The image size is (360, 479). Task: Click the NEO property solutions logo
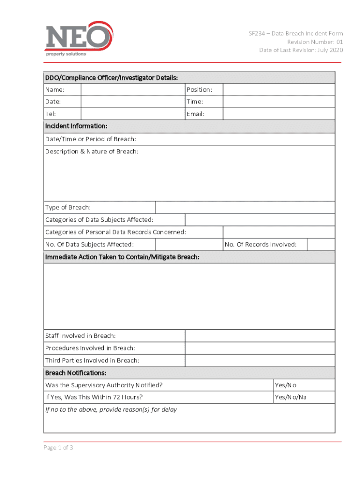[x=79, y=38]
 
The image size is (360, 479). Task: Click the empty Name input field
[x=133, y=89]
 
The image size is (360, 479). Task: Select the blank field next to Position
[x=279, y=89]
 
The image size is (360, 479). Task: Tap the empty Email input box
[x=279, y=114]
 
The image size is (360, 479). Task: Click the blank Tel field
[x=133, y=114]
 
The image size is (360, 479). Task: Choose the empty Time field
[x=279, y=102]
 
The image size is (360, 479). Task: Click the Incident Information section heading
[x=76, y=126]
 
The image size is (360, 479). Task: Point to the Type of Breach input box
[x=245, y=207]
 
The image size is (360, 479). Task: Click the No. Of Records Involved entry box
[x=321, y=244]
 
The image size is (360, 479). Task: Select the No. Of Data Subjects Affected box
[x=189, y=244]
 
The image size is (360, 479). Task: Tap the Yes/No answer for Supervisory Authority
[x=286, y=385]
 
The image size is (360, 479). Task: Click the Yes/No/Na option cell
[x=291, y=397]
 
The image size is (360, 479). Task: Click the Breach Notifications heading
[x=76, y=373]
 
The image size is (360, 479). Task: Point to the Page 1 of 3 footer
[x=58, y=448]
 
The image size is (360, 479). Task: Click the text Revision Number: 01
[x=315, y=42]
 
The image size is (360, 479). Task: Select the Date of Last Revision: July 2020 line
[x=301, y=50]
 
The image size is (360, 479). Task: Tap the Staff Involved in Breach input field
[x=260, y=336]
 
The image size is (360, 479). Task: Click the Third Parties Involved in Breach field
[x=260, y=360]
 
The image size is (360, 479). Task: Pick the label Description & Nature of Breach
[x=92, y=151]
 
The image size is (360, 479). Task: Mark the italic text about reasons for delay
[x=111, y=409]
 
